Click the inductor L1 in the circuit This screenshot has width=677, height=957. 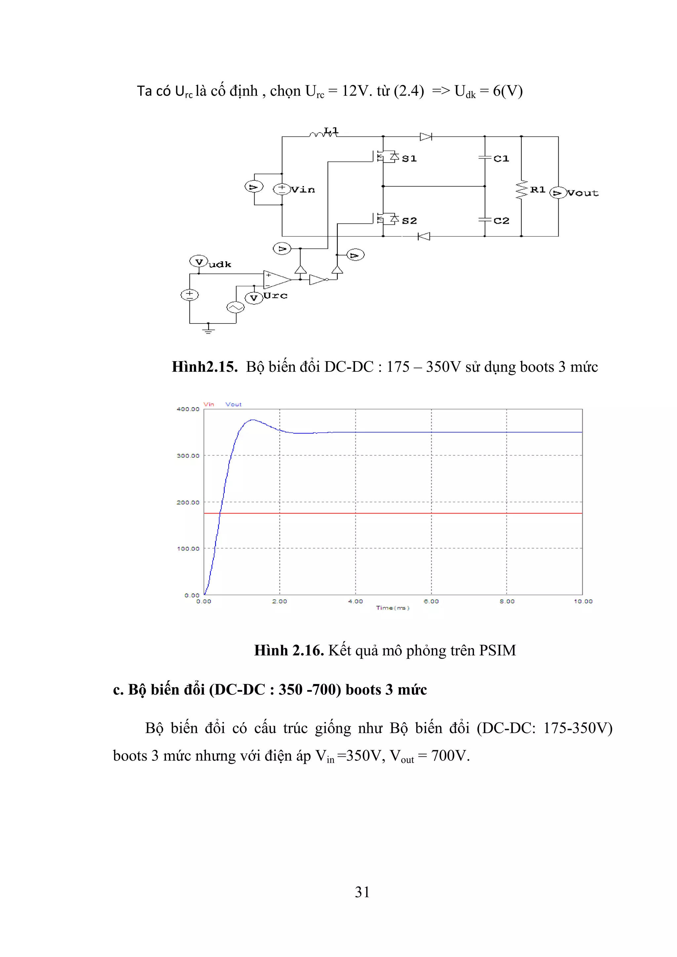[323, 134]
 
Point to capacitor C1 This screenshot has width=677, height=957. [485, 158]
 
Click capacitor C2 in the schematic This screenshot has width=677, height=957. [485, 220]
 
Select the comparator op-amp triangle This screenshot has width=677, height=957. [276, 279]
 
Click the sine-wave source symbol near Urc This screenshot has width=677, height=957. [235, 308]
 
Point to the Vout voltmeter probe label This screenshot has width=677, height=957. [582, 193]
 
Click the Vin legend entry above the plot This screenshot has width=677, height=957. [209, 404]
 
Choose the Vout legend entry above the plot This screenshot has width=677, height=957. [233, 404]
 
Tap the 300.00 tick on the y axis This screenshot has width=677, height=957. [188, 456]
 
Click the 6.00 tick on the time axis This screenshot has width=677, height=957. [431, 601]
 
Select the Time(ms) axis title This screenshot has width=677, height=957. [393, 608]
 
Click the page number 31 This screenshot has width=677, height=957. [362, 892]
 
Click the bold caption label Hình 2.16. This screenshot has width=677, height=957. [289, 651]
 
